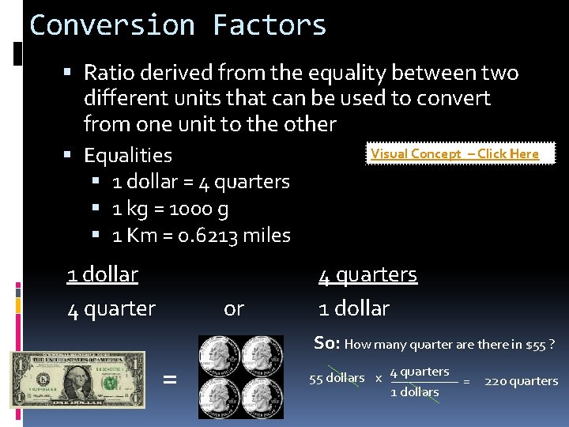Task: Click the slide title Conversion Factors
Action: pos(178,25)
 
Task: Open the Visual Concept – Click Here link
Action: pos(454,153)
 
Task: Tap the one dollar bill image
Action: pos(78,379)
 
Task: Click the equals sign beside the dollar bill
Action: pos(169,380)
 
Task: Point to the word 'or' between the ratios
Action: pos(234,308)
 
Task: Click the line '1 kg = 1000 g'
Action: pos(171,209)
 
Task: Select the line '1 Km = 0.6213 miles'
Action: pos(201,235)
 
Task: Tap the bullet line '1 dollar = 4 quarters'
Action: pos(201,181)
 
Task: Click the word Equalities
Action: pos(127,155)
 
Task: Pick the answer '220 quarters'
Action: pos(522,381)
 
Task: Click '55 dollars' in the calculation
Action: pos(337,378)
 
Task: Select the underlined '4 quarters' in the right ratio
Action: pos(367,274)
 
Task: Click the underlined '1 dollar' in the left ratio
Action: pos(102,274)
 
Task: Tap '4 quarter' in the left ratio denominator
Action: pos(111,308)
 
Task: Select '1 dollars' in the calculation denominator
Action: pos(415,392)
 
